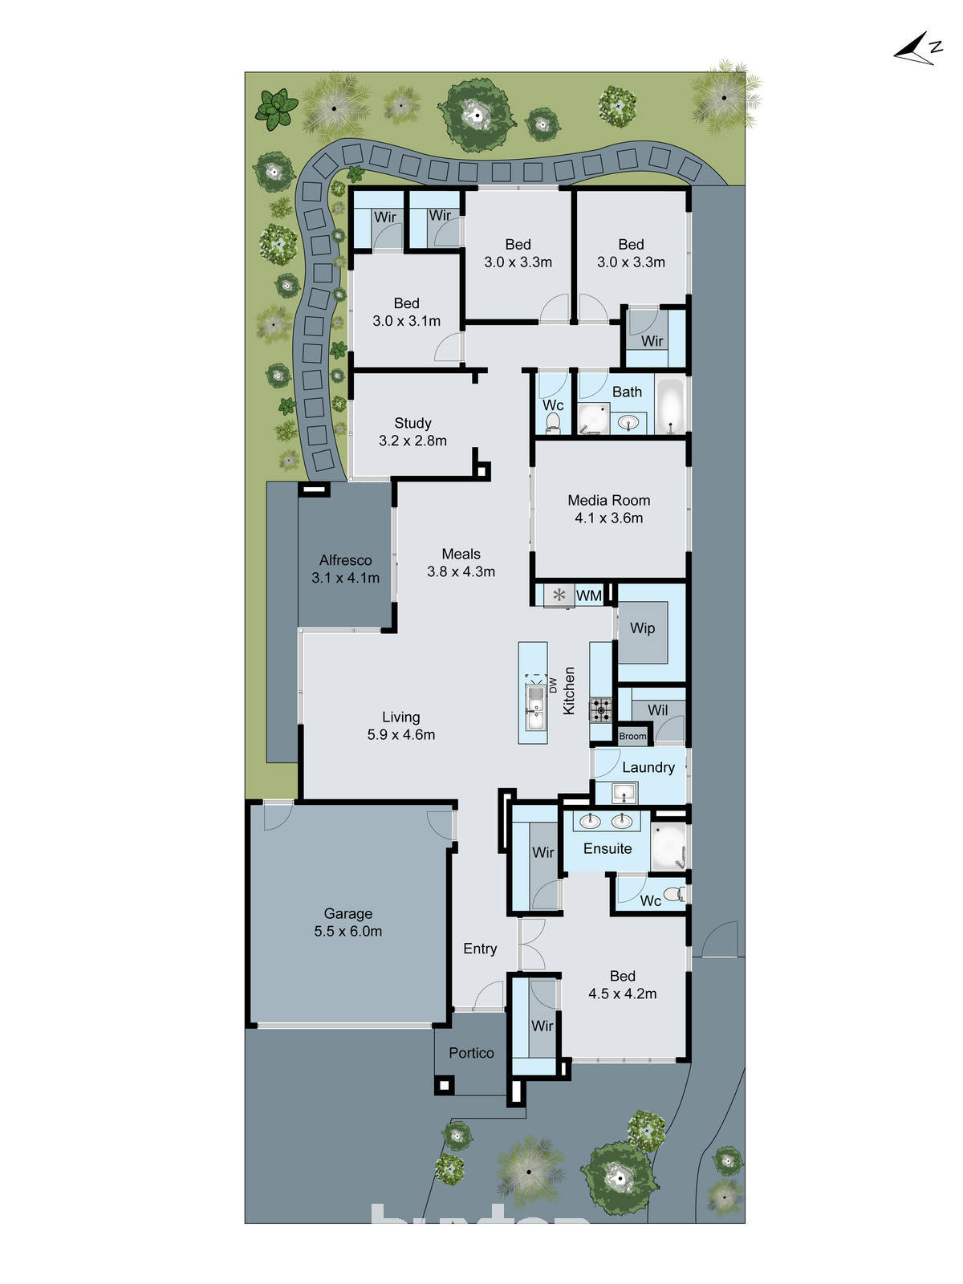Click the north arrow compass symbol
click(917, 50)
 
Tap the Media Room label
click(608, 500)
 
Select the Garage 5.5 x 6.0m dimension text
click(347, 932)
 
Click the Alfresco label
click(345, 560)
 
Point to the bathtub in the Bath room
click(670, 406)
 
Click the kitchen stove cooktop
click(600, 709)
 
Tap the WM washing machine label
click(588, 595)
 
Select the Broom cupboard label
click(632, 736)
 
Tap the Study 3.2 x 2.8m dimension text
click(412, 441)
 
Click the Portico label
click(471, 1053)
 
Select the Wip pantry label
click(642, 628)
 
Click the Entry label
click(480, 949)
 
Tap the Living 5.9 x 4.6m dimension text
click(400, 734)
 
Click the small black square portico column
click(444, 1085)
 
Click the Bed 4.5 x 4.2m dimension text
click(622, 993)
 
